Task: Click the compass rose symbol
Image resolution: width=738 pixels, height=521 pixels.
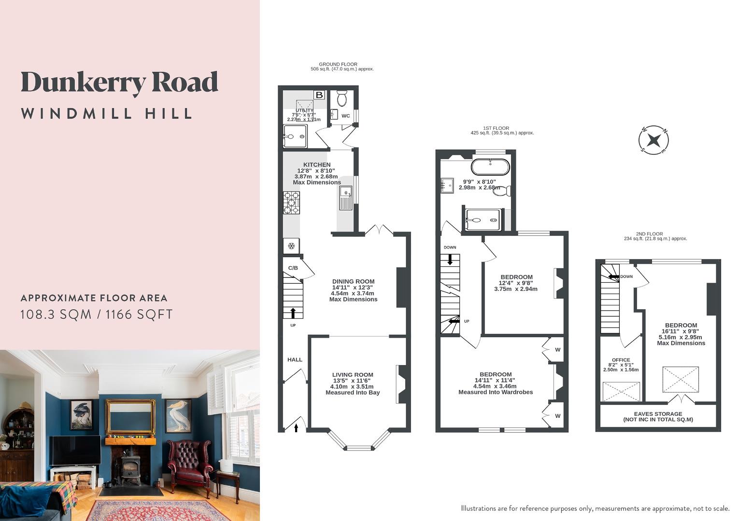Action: (x=653, y=140)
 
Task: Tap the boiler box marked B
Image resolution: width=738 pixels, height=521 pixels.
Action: (x=319, y=95)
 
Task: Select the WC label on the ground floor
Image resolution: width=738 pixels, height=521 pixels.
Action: (x=346, y=116)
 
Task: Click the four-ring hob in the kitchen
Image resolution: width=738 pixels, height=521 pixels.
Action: (x=291, y=203)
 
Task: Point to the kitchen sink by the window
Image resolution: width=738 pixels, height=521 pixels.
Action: (x=345, y=198)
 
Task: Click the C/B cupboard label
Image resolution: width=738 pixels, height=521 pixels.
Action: (x=293, y=268)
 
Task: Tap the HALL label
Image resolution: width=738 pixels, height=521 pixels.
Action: (x=295, y=359)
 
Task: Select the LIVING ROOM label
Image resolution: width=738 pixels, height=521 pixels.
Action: (x=353, y=375)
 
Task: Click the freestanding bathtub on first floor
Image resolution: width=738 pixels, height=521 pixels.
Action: (x=490, y=167)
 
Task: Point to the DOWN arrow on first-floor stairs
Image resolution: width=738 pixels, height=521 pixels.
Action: (x=450, y=260)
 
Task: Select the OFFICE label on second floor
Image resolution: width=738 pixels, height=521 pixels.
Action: (x=621, y=360)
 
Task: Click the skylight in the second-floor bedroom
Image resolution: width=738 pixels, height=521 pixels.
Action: (x=680, y=380)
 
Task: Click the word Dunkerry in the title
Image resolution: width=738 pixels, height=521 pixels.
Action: (x=83, y=83)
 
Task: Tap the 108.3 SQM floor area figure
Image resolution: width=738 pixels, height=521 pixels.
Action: (x=56, y=315)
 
